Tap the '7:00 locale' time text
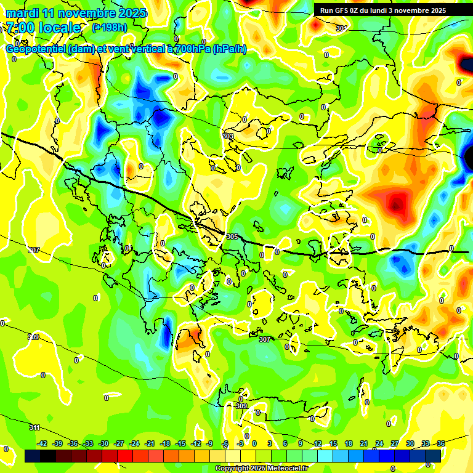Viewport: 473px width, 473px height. point(44,28)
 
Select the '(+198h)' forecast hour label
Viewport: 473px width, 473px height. point(109,27)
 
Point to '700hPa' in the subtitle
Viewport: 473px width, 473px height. point(190,49)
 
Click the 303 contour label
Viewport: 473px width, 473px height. point(228,136)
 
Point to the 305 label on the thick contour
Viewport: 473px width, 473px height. point(232,236)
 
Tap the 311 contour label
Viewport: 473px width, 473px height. point(34,427)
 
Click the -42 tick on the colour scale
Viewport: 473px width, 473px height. point(42,443)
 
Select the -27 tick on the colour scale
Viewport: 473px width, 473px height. point(119,443)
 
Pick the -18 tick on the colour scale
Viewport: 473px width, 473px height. point(165,443)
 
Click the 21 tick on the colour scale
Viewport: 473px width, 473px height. point(364,443)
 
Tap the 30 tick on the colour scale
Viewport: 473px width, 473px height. point(410,443)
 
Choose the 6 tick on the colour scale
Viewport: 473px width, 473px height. point(285,443)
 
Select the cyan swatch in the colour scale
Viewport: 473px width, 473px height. point(325,456)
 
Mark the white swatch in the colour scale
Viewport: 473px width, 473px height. point(233,456)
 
